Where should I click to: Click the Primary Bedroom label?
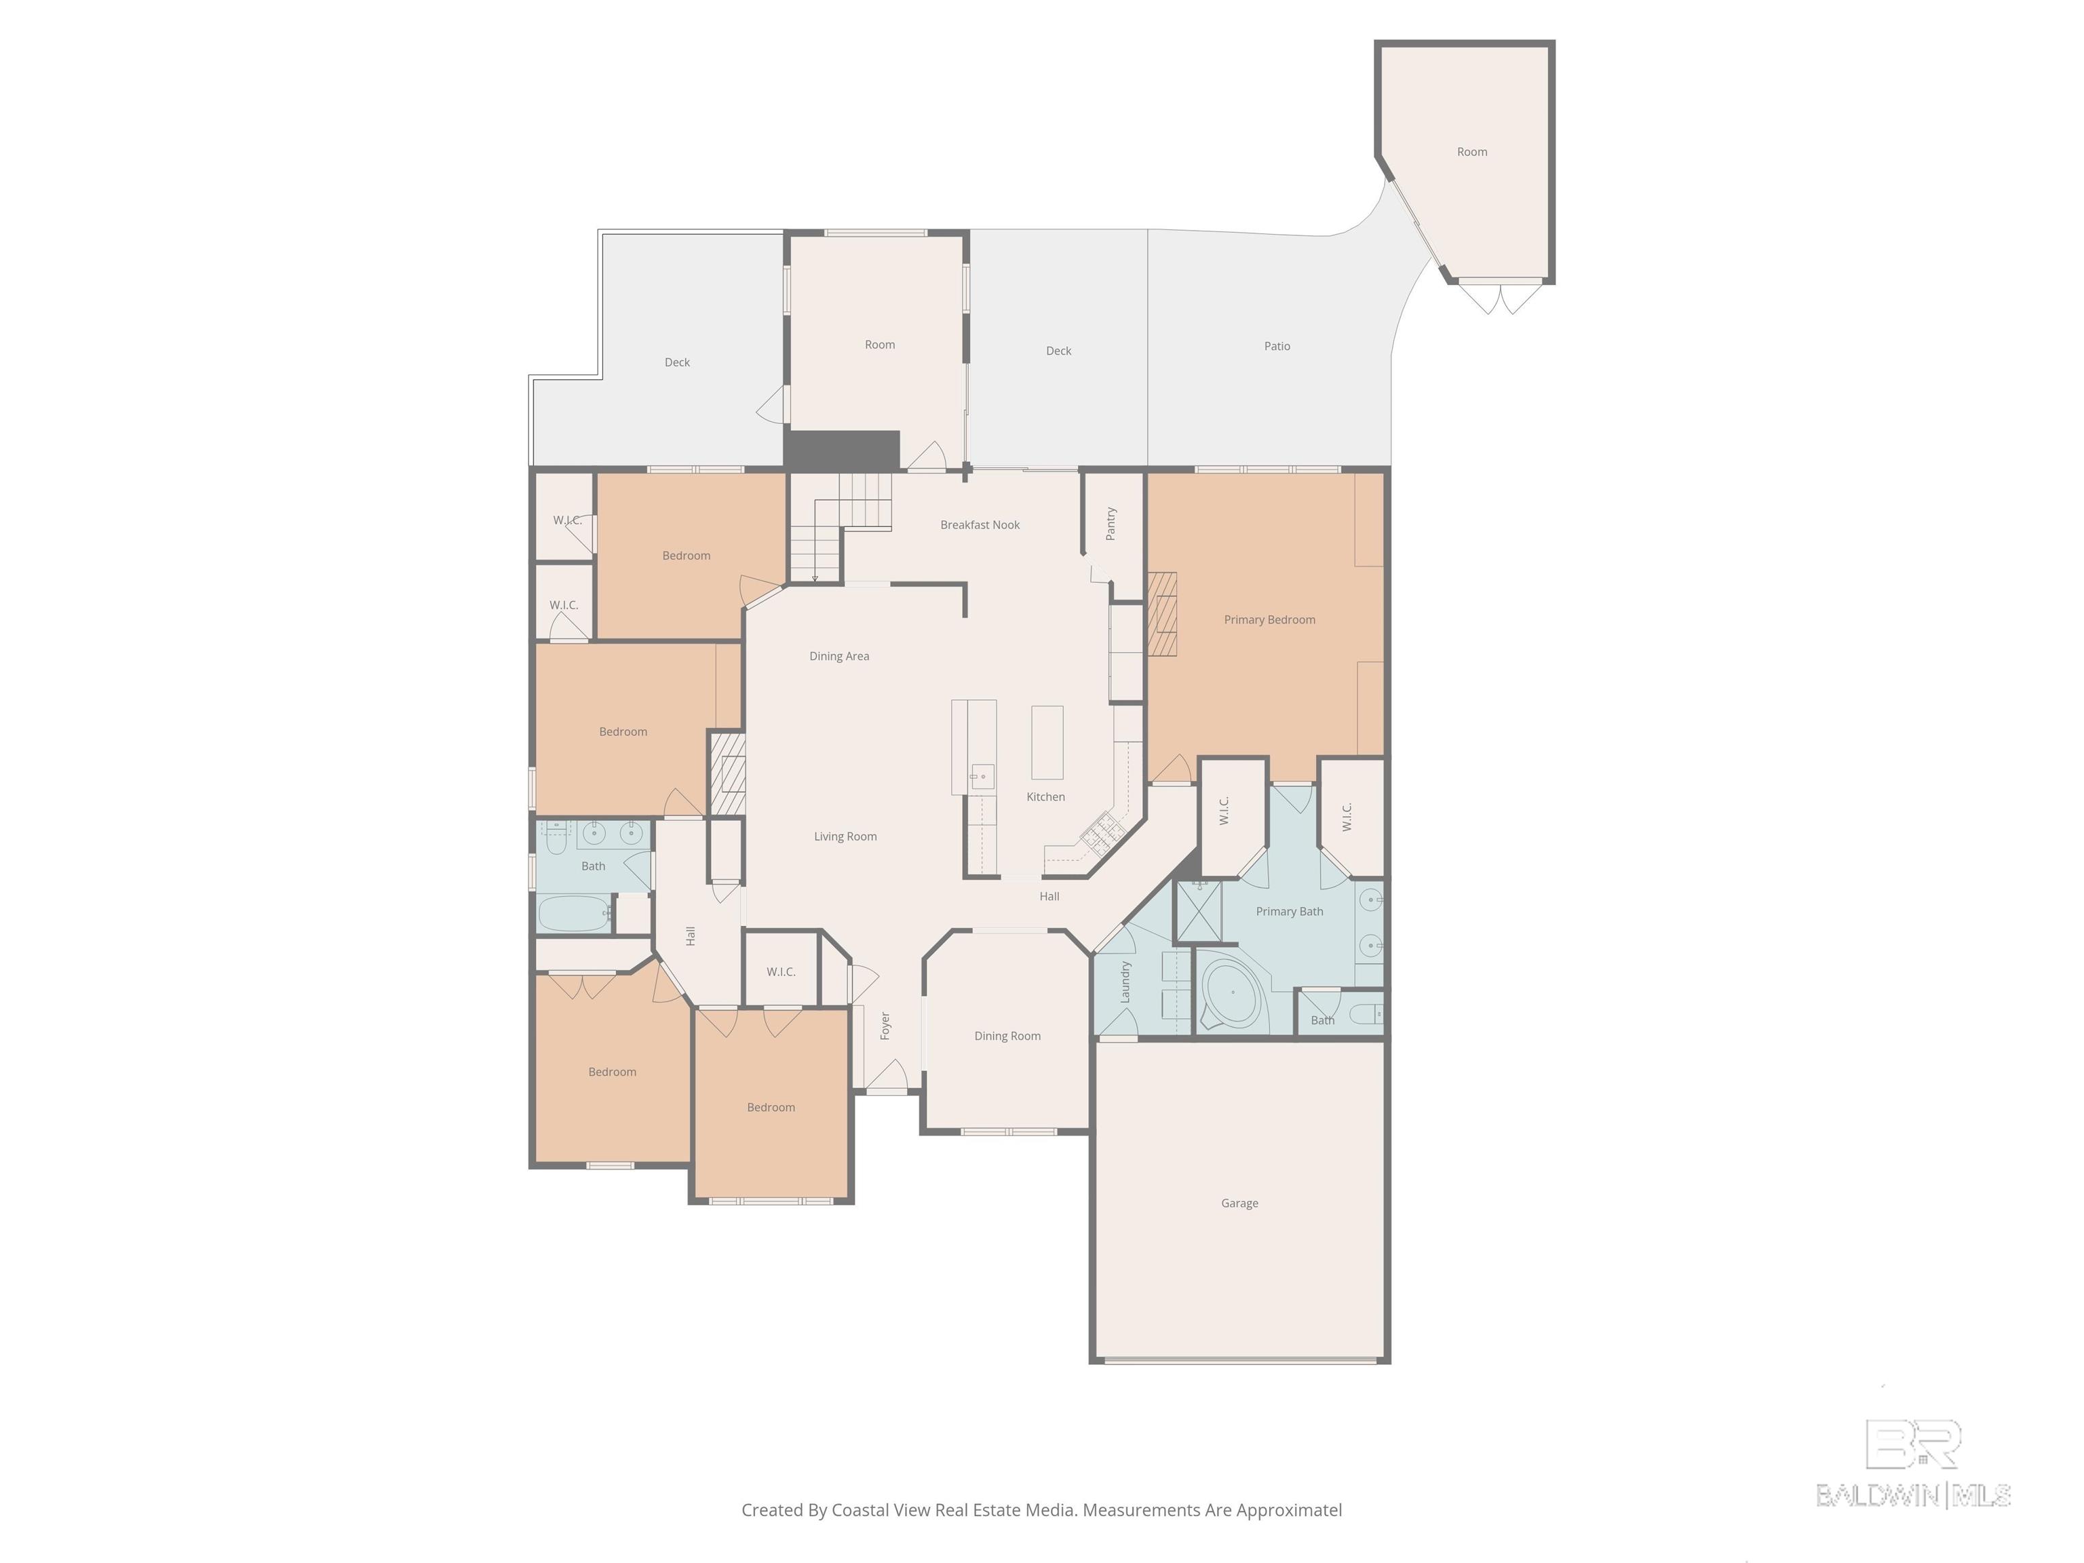point(1269,620)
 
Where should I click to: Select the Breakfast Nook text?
point(980,525)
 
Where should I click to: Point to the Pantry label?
point(1111,524)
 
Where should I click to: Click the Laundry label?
point(1125,982)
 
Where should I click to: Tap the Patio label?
point(1277,346)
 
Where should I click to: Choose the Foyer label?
point(885,1026)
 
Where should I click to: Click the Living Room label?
point(845,836)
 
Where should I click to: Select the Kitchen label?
point(1046,797)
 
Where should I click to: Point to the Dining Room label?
point(1007,1037)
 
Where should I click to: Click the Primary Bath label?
point(1289,911)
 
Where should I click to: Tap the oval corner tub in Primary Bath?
point(1233,994)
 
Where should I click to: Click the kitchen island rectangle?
point(1047,742)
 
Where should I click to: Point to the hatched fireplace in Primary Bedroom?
point(1163,614)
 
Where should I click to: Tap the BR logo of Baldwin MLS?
point(1914,1444)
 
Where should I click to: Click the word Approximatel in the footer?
point(1289,1510)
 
